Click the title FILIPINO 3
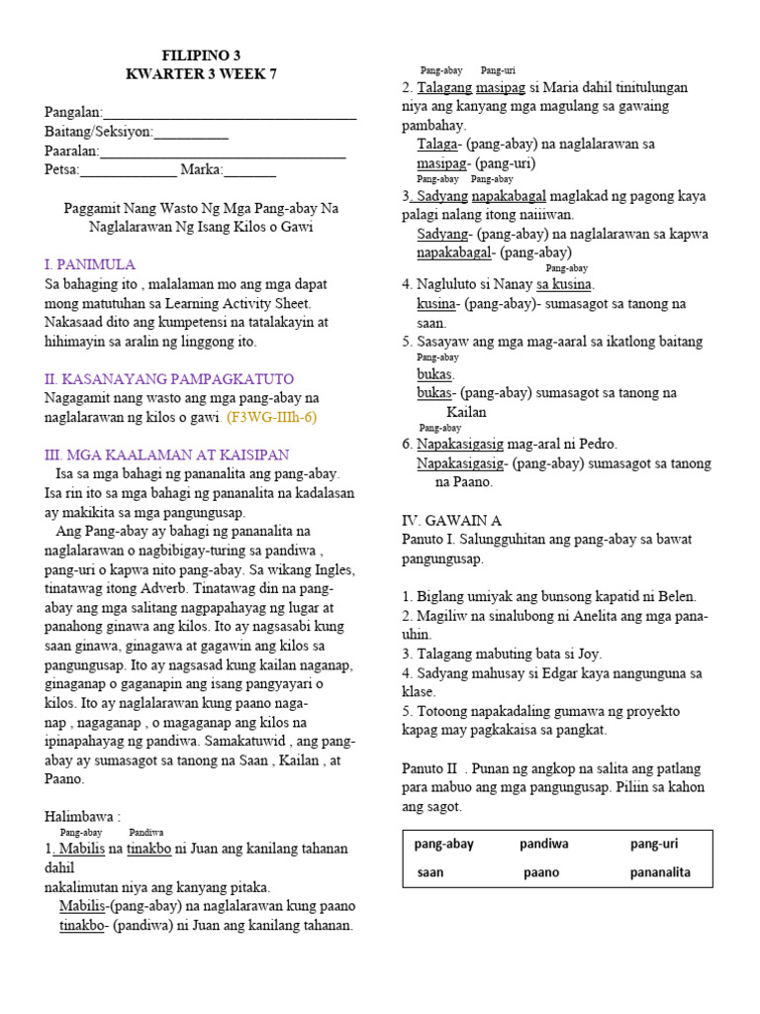tap(201, 55)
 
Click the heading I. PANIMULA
tap(90, 265)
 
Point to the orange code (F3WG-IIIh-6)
tap(271, 417)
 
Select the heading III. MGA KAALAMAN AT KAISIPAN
tap(166, 455)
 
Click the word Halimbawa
tap(82, 817)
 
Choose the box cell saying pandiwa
tap(544, 844)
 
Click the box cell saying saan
tap(430, 872)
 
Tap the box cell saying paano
tap(541, 872)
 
